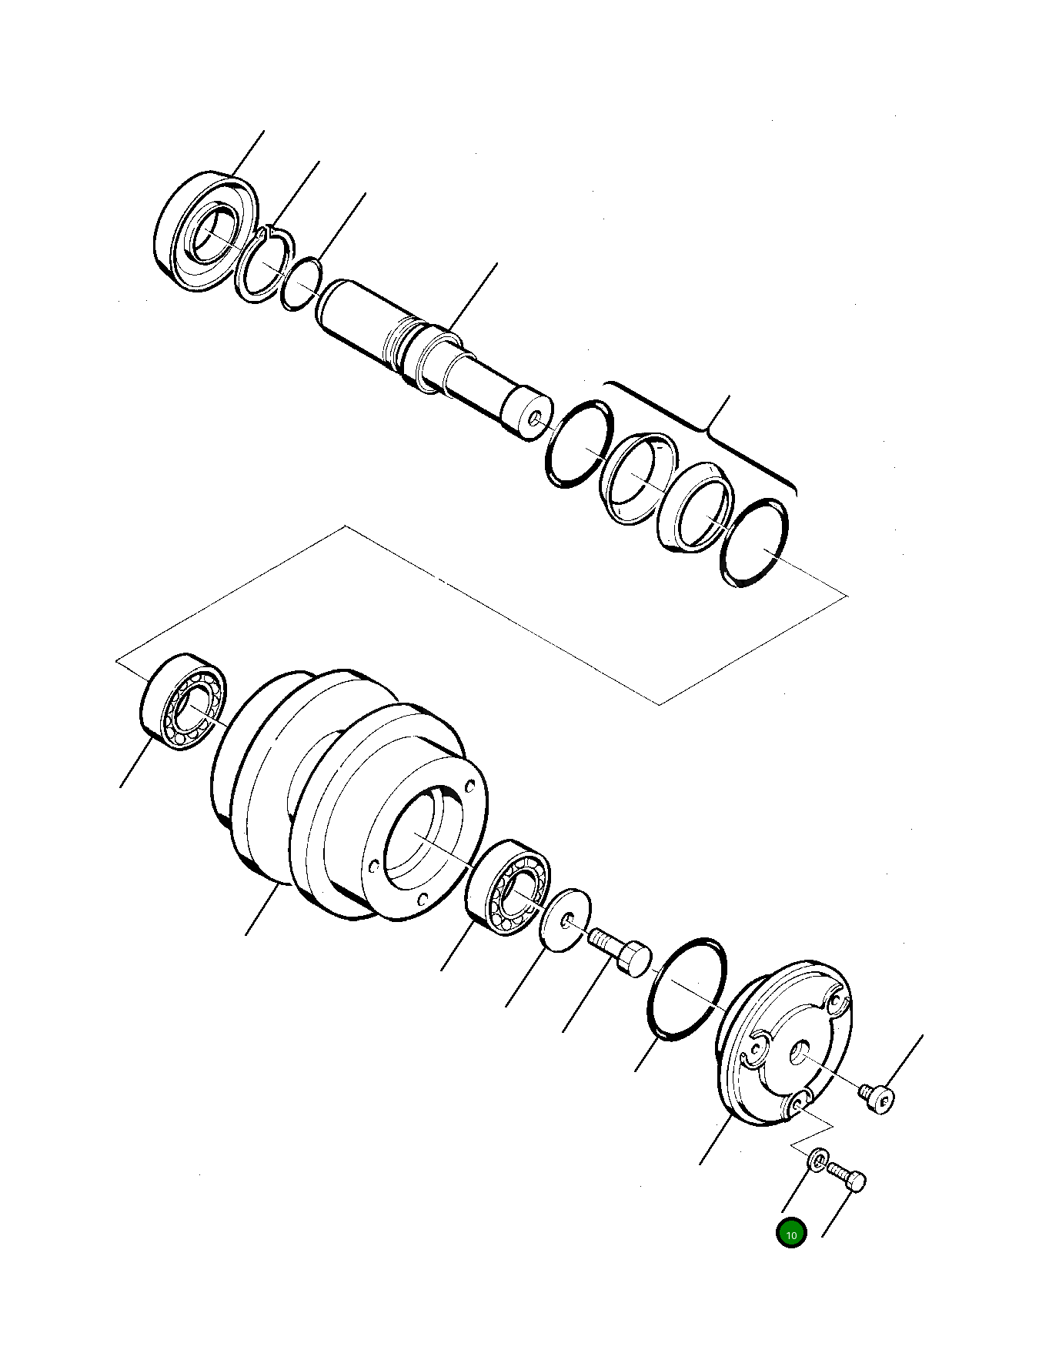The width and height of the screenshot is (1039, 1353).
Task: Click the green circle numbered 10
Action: [x=790, y=1233]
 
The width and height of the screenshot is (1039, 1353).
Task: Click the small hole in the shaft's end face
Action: [x=535, y=419]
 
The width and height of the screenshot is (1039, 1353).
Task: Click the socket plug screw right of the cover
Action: [x=878, y=1097]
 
